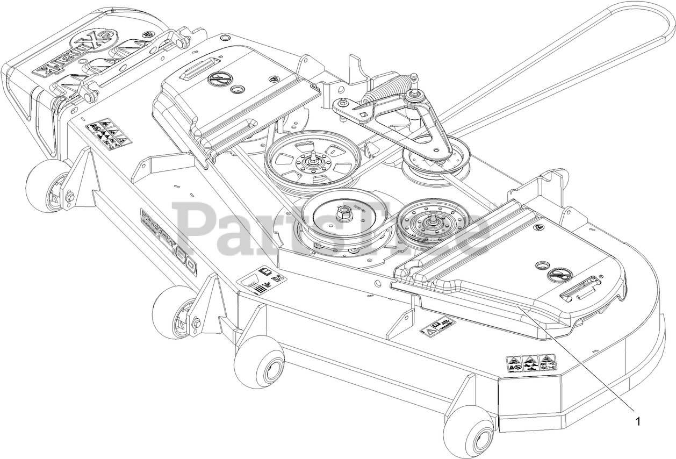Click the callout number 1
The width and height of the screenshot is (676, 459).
coord(638,421)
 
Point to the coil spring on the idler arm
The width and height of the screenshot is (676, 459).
coord(384,95)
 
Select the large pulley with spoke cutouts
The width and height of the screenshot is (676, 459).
coord(312,160)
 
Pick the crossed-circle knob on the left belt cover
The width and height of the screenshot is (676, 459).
coord(217,79)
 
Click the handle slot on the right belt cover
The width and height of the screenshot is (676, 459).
coord(581,289)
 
